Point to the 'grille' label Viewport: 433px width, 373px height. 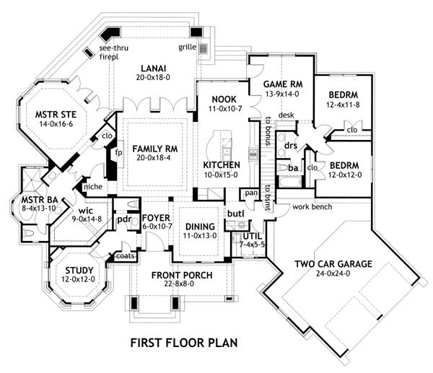point(186,48)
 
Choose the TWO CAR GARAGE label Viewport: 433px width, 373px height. point(333,264)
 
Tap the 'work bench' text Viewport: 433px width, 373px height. point(311,208)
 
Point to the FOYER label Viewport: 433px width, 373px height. point(155,216)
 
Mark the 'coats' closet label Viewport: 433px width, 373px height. point(121,255)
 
